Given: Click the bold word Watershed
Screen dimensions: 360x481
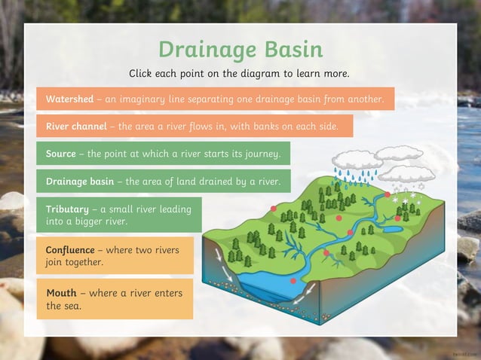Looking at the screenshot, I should click(69, 99).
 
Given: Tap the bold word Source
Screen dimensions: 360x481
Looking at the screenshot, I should click(60, 154).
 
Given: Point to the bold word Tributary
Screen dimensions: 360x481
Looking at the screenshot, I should click(67, 209).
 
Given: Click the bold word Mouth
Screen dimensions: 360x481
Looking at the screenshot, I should click(61, 292).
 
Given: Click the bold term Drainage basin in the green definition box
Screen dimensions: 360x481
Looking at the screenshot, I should click(80, 182).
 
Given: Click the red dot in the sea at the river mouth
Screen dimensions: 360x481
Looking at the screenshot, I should click(293, 281).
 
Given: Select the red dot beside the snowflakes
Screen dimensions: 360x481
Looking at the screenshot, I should click(388, 194).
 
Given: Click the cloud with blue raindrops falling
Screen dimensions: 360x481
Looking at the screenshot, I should click(357, 160).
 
